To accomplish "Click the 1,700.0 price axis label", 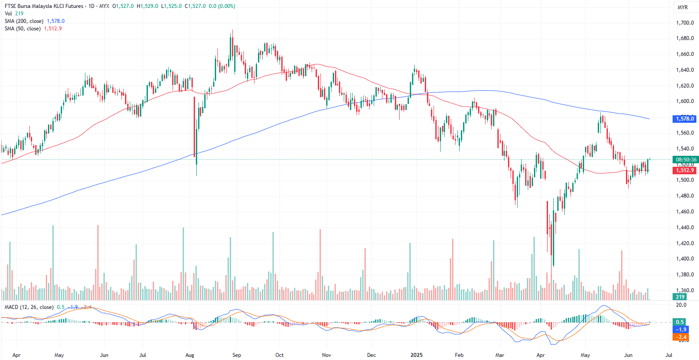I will [685, 23].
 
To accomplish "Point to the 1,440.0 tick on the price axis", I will [685, 228].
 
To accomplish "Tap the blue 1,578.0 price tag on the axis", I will [685, 119].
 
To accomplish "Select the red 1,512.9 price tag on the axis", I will [685, 170].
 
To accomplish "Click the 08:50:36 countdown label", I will [686, 160].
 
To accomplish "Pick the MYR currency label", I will [682, 7].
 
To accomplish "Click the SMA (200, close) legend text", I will [24, 21].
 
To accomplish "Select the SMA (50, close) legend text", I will [22, 29].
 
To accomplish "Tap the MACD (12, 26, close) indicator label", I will [29, 307].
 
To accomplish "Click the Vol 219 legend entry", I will [14, 14].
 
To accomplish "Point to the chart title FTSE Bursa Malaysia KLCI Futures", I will [44, 6].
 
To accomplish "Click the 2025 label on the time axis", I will [416, 355].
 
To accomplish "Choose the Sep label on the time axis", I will [236, 355].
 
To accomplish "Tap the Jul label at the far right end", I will [669, 355].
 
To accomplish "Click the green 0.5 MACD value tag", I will [680, 322].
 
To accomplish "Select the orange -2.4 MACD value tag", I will [681, 337].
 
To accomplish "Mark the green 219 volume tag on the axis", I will [681, 297].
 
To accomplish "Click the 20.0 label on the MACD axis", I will [681, 305].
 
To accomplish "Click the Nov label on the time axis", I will [326, 355].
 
